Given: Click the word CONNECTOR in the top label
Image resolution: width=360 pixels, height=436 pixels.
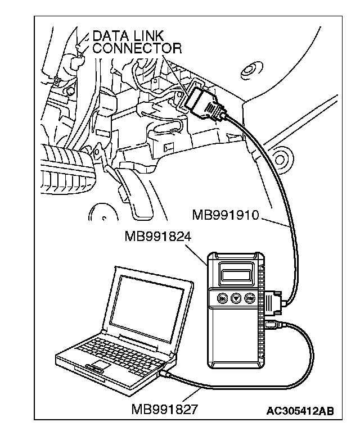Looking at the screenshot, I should (137, 48).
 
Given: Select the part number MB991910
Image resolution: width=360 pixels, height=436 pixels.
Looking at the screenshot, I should (225, 215).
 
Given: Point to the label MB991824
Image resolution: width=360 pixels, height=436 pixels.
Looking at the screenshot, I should (158, 237).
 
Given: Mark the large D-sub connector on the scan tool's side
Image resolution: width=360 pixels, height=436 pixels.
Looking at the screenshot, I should (274, 301).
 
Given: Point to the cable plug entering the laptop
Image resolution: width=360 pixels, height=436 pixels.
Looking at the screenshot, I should (164, 373).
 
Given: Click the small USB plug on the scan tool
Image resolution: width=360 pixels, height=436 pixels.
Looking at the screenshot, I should (272, 325).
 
